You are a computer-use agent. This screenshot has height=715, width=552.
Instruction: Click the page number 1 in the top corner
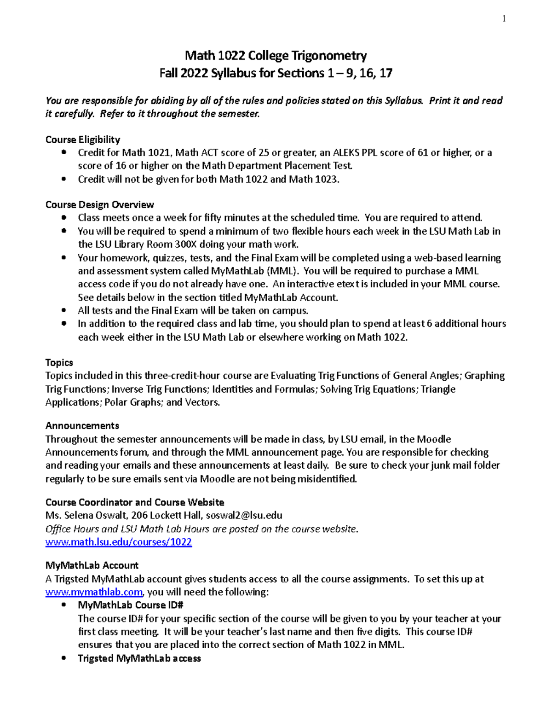coord(504,18)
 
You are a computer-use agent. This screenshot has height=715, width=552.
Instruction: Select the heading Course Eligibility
coord(83,140)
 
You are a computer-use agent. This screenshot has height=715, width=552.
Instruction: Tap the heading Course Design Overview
coord(100,204)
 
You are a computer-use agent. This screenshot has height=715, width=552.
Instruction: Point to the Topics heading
coord(59,362)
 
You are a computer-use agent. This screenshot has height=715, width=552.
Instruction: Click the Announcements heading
coord(82,425)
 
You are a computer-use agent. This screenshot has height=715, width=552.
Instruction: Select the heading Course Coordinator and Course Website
coord(135,502)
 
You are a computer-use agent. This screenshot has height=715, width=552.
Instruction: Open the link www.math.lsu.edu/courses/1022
coord(118,542)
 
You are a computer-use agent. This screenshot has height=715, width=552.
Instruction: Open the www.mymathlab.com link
coord(94,592)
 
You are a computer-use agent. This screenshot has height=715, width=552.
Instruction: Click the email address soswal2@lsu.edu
coord(244,515)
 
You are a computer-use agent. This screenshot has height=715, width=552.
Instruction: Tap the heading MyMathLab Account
coord(92,565)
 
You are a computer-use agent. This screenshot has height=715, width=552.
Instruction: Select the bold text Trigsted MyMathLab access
coord(139,658)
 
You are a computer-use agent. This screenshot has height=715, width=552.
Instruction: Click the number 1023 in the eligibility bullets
coord(326,179)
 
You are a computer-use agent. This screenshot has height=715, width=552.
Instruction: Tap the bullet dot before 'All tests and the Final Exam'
coord(64,310)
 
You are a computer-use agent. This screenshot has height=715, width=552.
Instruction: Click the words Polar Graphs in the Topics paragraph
coord(133,402)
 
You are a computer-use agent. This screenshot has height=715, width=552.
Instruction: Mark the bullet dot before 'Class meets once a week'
coord(64,217)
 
